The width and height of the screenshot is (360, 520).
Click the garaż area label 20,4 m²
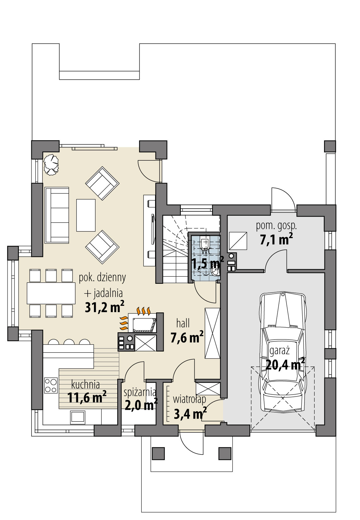pyautogui.click(x=285, y=365)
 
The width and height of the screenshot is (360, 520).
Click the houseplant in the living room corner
pyautogui.click(x=51, y=164)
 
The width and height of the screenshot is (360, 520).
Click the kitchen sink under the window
pyautogui.click(x=78, y=417)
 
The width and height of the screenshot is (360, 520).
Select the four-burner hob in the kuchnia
pyautogui.click(x=51, y=385)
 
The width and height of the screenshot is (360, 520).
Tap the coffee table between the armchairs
pyautogui.click(x=86, y=215)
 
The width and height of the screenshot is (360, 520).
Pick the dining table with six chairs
pyautogui.click(x=51, y=293)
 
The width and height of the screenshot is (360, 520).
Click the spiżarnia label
pyautogui.click(x=140, y=392)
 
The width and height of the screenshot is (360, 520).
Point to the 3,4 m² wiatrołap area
pyautogui.click(x=190, y=414)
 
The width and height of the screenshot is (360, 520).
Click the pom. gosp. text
pyautogui.click(x=276, y=226)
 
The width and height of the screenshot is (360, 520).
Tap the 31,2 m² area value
pyautogui.click(x=104, y=307)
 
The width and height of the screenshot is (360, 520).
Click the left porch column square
pyautogui.click(x=158, y=454)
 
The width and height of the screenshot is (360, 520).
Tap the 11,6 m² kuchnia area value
pyautogui.click(x=87, y=397)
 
